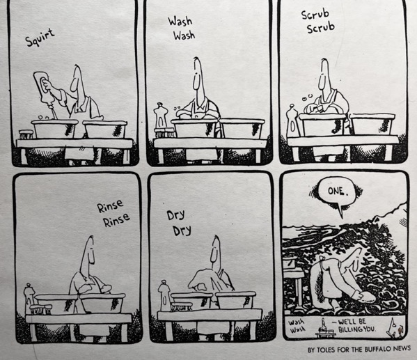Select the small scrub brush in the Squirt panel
[26, 134]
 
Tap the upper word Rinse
[111, 206]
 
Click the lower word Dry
[182, 230]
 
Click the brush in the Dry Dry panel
[182, 306]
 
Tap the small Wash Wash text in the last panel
[297, 326]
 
